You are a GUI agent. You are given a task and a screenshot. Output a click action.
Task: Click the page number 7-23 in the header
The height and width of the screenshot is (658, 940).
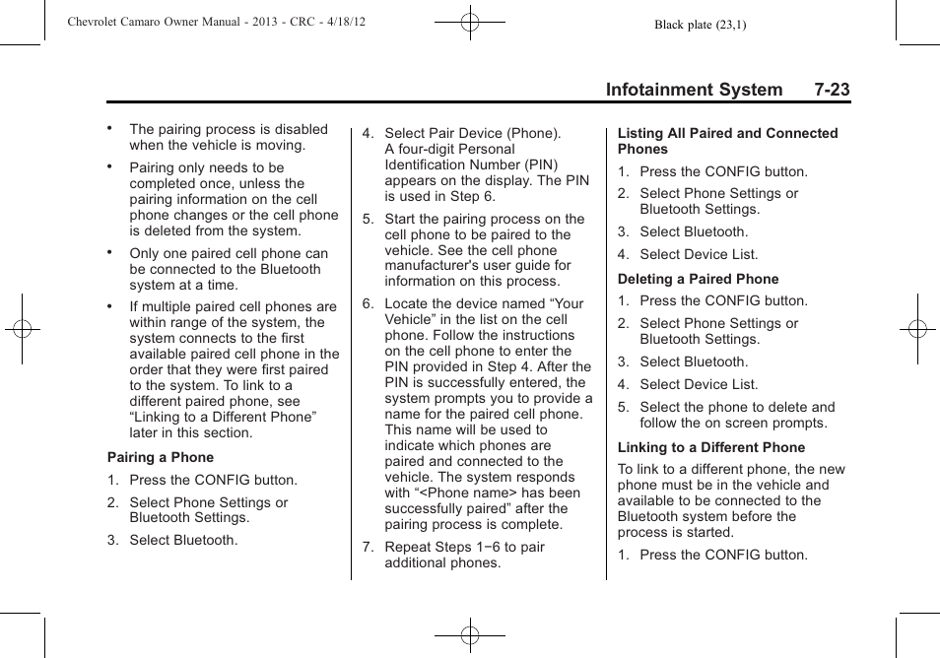pos(832,90)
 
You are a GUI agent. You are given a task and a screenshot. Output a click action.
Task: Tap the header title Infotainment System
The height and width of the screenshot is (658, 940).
pos(694,90)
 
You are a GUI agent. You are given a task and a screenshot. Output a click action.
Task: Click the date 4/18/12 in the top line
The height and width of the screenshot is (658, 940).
pos(344,22)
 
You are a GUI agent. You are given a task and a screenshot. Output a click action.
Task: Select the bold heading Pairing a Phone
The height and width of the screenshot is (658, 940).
pos(161,457)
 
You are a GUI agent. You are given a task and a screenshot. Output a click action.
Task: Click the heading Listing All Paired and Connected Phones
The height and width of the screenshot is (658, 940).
pos(727,141)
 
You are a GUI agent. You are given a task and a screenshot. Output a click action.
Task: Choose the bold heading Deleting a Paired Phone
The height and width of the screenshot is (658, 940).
pos(698,279)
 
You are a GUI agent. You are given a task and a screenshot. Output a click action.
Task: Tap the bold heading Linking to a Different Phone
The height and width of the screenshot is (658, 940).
pos(711,447)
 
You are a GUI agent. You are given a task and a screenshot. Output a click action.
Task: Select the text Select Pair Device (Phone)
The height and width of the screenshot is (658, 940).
pos(472,133)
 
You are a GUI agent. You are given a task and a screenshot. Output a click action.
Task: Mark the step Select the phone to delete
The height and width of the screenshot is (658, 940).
pos(736,415)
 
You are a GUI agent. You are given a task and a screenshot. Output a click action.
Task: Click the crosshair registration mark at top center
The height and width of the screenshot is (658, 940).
pos(470,21)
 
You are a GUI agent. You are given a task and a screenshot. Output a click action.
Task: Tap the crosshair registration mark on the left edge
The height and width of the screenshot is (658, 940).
pos(22,329)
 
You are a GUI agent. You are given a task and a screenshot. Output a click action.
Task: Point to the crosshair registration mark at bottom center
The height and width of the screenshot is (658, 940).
pos(470,636)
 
